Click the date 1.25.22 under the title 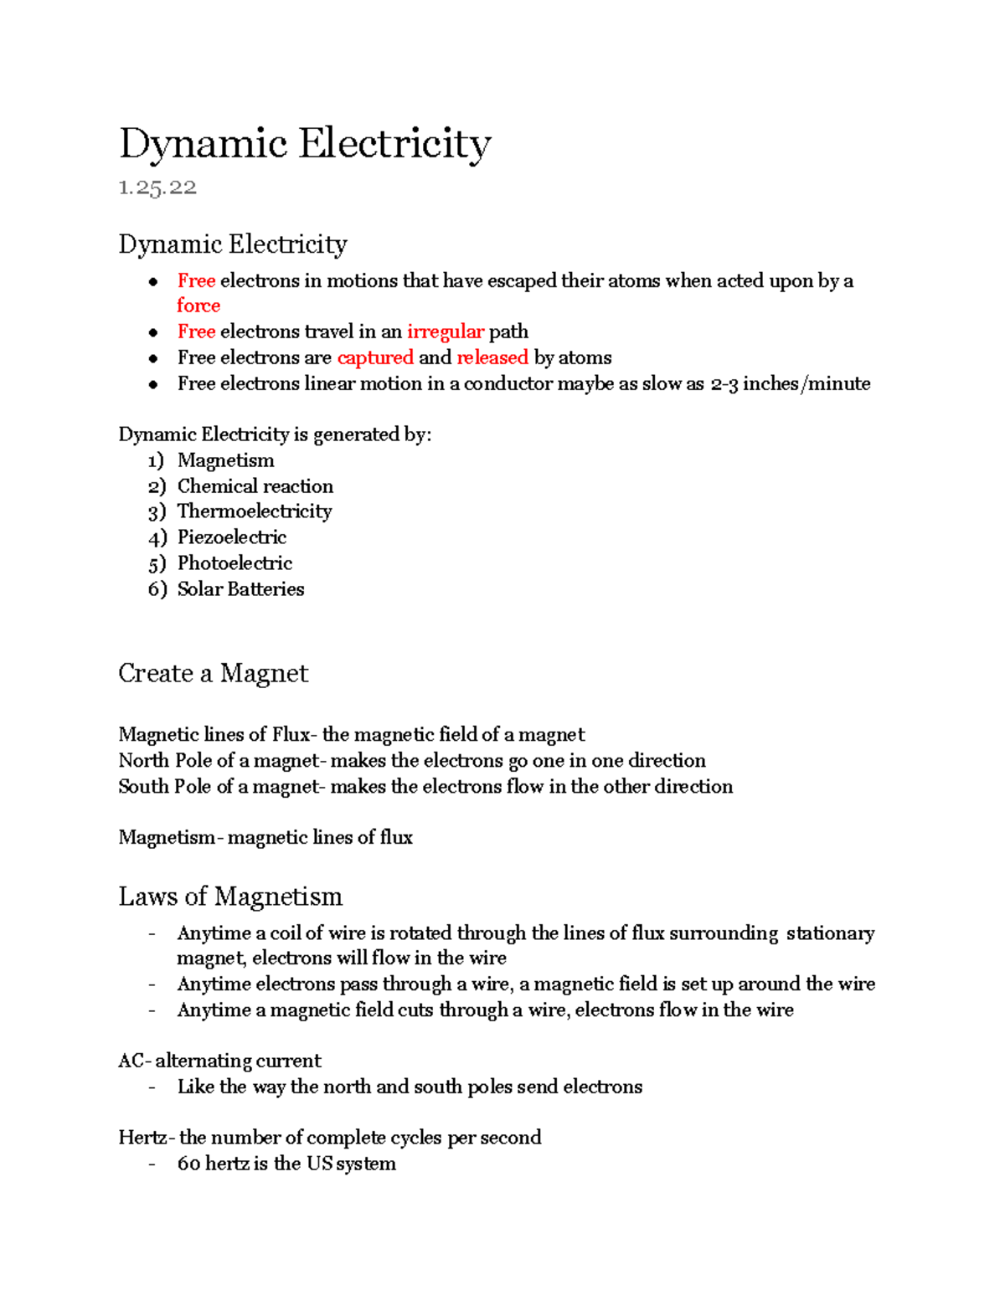pos(157,188)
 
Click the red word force pos(198,306)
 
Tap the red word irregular pos(446,331)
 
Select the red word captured pos(375,357)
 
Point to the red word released pos(492,357)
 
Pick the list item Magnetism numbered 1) pos(225,460)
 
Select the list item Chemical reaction pos(255,486)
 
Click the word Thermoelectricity pos(255,511)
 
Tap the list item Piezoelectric pos(232,537)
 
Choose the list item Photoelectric pos(234,563)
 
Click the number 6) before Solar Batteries pos(157,589)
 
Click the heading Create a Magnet pos(213,674)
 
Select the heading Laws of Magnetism pos(230,897)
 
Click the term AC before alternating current pos(131,1061)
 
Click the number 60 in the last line pos(188,1164)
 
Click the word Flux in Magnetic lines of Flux pos(291,735)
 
